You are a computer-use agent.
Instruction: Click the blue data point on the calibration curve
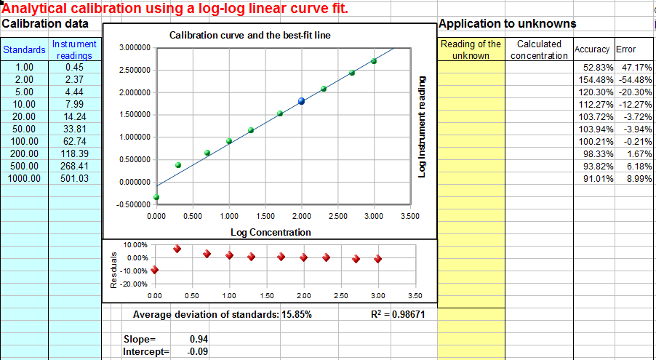tap(302, 101)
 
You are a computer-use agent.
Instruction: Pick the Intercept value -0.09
tap(195, 352)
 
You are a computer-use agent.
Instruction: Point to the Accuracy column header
tap(592, 49)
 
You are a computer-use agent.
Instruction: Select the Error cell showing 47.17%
tap(634, 67)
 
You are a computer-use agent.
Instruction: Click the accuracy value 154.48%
tap(591, 79)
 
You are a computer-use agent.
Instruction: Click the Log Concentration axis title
tap(271, 233)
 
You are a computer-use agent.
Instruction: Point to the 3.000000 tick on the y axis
tap(133, 48)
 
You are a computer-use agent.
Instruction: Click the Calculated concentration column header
tap(539, 49)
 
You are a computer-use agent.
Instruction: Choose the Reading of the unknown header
tap(471, 49)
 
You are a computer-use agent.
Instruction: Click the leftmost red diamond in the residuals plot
tap(154, 270)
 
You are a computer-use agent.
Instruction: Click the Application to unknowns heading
tap(508, 24)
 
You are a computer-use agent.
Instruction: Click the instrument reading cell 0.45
tap(74, 67)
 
